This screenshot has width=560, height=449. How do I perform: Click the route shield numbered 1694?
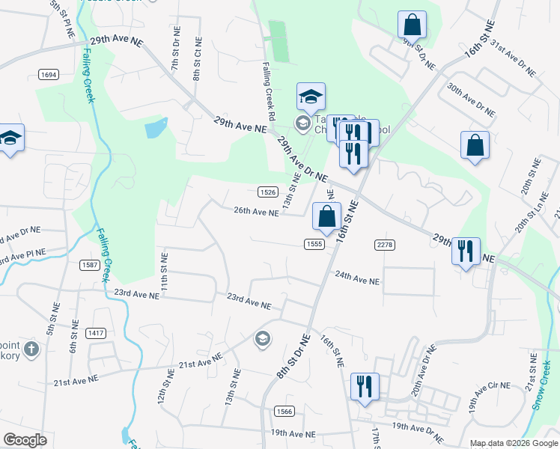click(x=49, y=74)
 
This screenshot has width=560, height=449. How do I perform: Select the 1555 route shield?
click(x=314, y=244)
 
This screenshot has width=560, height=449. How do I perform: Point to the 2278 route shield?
click(x=384, y=245)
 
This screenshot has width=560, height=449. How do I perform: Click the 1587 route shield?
click(x=90, y=265)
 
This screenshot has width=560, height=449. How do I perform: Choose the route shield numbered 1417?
click(x=97, y=333)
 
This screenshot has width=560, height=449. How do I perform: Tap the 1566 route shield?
click(x=284, y=411)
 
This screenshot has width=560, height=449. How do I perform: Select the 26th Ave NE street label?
click(x=256, y=212)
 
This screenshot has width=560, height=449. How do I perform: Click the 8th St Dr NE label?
click(x=293, y=357)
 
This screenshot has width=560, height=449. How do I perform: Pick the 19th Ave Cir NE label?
click(x=490, y=396)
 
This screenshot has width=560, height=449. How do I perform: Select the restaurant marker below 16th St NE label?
click(x=364, y=387)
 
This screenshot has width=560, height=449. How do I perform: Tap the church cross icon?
click(x=31, y=349)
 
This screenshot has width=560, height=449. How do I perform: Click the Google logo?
click(x=25, y=440)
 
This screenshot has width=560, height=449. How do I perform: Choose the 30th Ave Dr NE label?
click(x=471, y=99)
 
